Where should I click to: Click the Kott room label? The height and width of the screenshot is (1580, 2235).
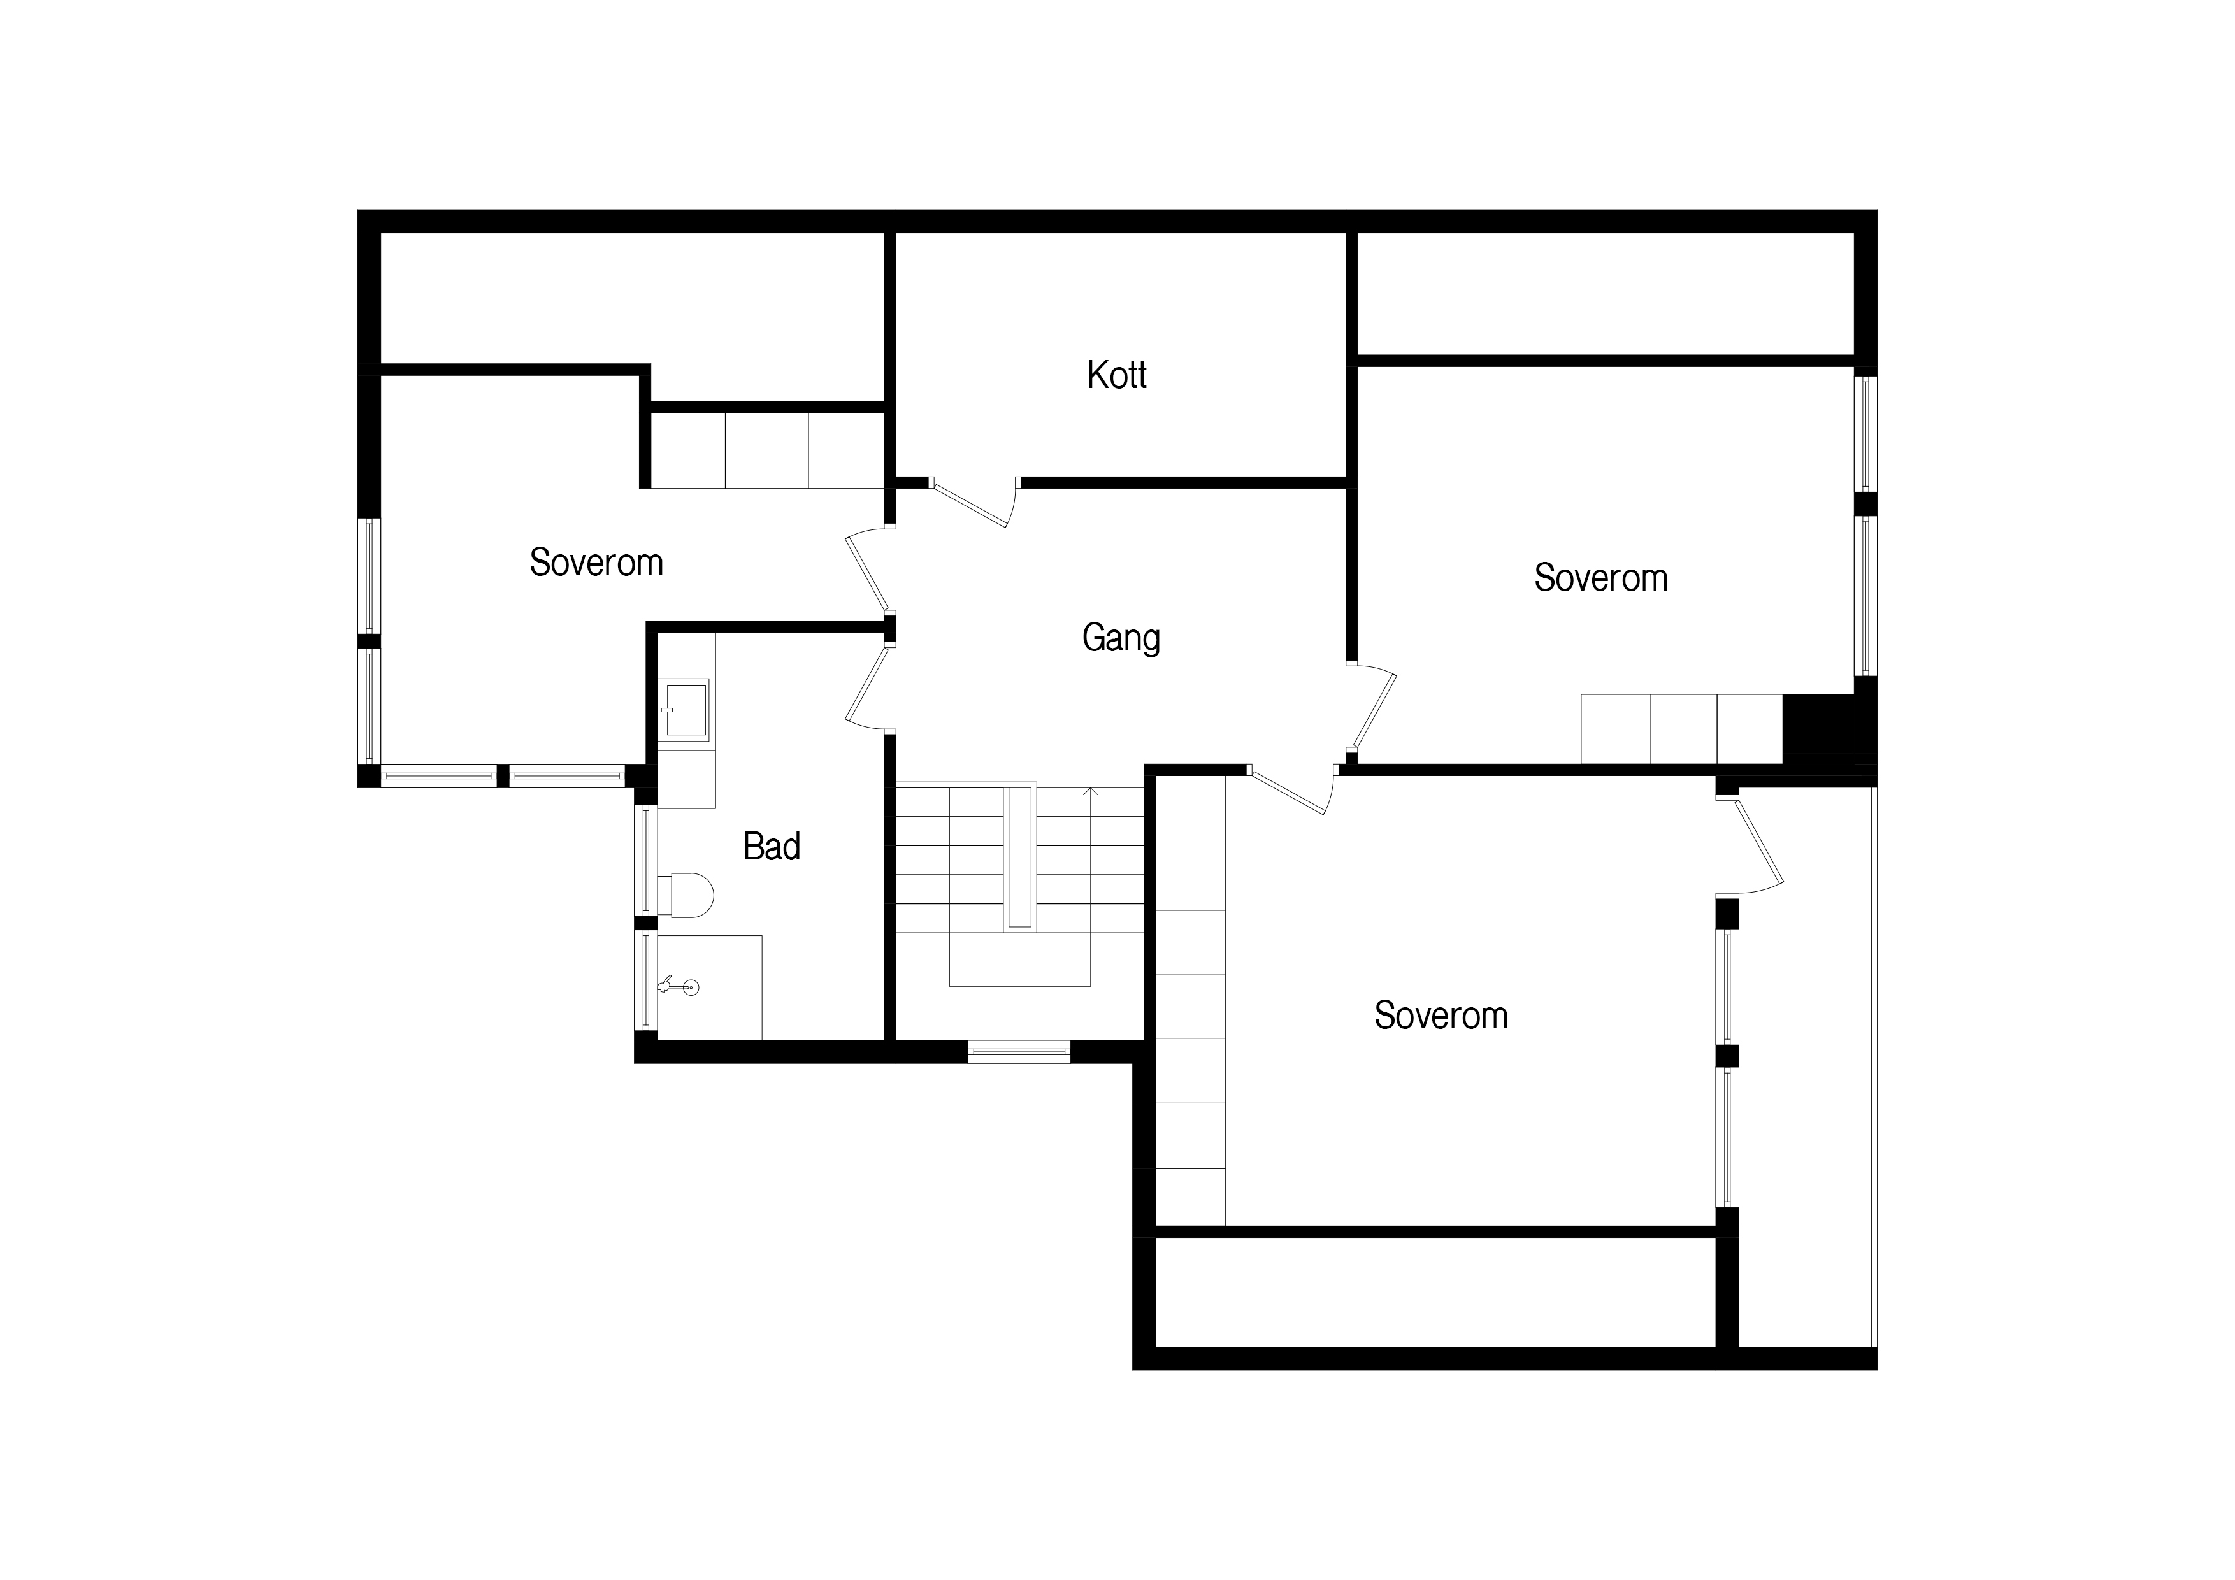coord(1116,375)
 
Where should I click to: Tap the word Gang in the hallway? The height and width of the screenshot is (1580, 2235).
coord(1121,638)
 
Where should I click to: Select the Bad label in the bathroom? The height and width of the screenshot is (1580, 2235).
coord(771,846)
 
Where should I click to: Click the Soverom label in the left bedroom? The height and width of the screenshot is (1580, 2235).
coord(596,563)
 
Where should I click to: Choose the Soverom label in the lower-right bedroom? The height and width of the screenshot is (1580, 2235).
coord(1441,1016)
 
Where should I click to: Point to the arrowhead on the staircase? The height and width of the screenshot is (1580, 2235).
coord(1090,793)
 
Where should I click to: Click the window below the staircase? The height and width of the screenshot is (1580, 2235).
coord(1019,1051)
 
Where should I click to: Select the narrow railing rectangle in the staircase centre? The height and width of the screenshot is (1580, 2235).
coord(1019,857)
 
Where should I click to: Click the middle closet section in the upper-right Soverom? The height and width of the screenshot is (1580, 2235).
coord(1684,729)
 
